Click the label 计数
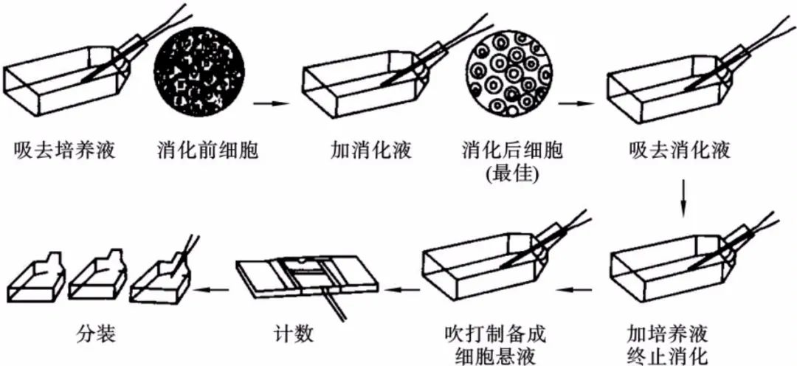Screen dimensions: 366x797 pos(293,333)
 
